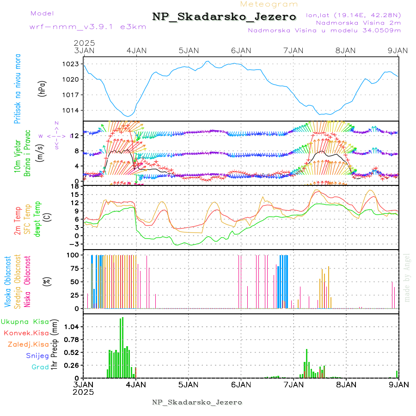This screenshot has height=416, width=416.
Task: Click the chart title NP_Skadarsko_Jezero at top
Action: click(224, 17)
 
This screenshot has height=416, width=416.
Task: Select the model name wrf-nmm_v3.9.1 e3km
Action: click(87, 26)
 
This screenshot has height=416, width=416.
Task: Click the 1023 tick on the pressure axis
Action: click(72, 64)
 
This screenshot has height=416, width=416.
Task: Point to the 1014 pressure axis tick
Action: click(72, 110)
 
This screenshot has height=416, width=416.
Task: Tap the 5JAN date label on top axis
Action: click(188, 50)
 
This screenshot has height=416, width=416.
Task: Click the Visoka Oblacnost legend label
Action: click(8, 282)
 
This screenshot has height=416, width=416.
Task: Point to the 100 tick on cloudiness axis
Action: click(73, 255)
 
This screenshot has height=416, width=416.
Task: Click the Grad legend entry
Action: click(40, 367)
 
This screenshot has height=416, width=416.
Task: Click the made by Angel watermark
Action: click(407, 277)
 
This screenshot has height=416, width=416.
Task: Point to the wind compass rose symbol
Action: click(56, 135)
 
